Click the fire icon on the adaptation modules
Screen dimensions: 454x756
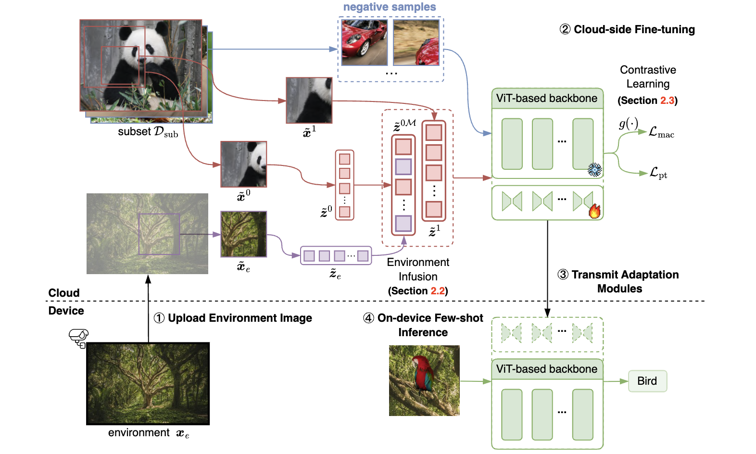(x=595, y=211)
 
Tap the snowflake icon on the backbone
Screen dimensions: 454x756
(x=595, y=170)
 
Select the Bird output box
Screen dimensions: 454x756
(x=647, y=381)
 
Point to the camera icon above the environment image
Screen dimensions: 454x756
(x=78, y=337)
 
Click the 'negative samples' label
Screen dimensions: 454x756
(x=390, y=7)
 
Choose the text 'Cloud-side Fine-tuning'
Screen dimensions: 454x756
(x=634, y=30)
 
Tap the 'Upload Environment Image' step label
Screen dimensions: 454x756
(x=239, y=318)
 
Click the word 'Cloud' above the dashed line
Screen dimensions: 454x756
(x=64, y=293)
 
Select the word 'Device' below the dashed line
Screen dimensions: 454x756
(x=66, y=311)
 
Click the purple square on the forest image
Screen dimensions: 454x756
(x=159, y=234)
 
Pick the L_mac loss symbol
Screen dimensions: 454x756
(x=661, y=132)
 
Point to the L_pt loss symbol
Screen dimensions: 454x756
(x=658, y=173)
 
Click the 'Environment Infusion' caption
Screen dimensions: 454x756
(x=418, y=269)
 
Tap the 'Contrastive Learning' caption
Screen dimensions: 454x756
(x=648, y=77)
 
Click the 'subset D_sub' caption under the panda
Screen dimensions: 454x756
(x=148, y=132)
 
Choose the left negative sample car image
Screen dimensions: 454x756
(x=364, y=42)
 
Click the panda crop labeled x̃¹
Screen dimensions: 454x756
(x=309, y=100)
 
